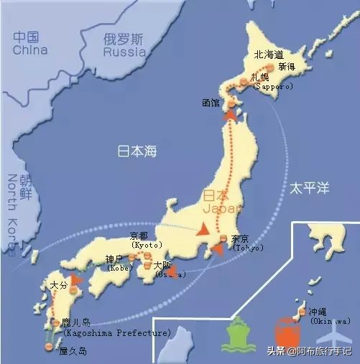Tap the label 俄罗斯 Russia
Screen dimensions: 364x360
(124, 45)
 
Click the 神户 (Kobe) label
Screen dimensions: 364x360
(117, 263)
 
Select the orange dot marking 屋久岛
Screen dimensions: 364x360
(49, 347)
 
